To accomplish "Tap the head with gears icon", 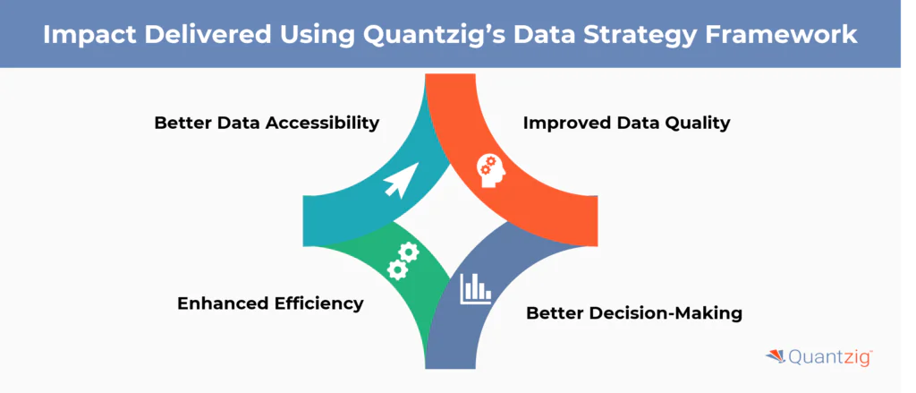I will tap(491, 167).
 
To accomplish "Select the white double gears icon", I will tap(403, 259).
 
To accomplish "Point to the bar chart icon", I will tap(476, 287).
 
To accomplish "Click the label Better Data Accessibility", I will tap(267, 123).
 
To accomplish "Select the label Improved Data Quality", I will tap(626, 123).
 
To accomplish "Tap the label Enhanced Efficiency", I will tap(270, 303).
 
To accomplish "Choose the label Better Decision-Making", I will tap(634, 313).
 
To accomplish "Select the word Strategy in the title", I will tap(623, 34).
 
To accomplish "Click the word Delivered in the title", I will tap(213, 34).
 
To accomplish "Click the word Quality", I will tap(695, 123).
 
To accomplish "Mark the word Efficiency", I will tap(318, 303).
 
